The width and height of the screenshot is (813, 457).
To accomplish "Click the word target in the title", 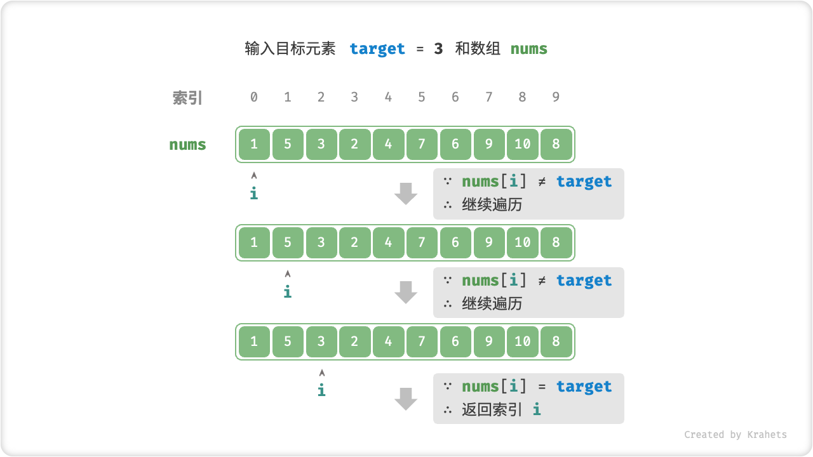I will coord(377,49).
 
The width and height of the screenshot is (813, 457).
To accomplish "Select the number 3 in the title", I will coord(438,49).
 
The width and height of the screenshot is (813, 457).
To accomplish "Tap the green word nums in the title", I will coord(528,49).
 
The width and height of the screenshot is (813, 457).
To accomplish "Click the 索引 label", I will coord(187,98).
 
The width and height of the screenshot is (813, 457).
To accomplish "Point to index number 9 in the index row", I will coord(556,97).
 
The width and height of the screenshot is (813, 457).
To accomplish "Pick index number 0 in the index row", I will coord(254,97).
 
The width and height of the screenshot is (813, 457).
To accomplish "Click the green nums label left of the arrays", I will coord(187,144).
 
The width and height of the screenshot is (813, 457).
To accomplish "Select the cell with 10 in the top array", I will coord(522,144).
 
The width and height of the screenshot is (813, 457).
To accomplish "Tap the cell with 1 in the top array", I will coord(254,144).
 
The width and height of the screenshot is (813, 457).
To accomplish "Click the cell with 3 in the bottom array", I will coord(321,341).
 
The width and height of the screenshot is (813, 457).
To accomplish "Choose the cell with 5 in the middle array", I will coord(288,242).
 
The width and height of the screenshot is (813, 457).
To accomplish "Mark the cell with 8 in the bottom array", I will coord(556,341).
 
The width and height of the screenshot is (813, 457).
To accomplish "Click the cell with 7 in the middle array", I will coord(422,242).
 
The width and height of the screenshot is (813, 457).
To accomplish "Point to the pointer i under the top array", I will coord(254,193).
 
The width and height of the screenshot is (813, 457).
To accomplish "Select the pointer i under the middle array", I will coord(288,291).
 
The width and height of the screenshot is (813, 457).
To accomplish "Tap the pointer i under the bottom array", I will coord(321,390).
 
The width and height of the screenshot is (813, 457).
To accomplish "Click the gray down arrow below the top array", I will coord(405,193).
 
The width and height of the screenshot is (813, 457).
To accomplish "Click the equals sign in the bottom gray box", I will coord(542,387).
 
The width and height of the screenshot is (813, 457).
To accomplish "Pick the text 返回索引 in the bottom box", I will coord(492,409).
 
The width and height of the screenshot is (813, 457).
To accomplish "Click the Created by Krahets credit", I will coord(735,435).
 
